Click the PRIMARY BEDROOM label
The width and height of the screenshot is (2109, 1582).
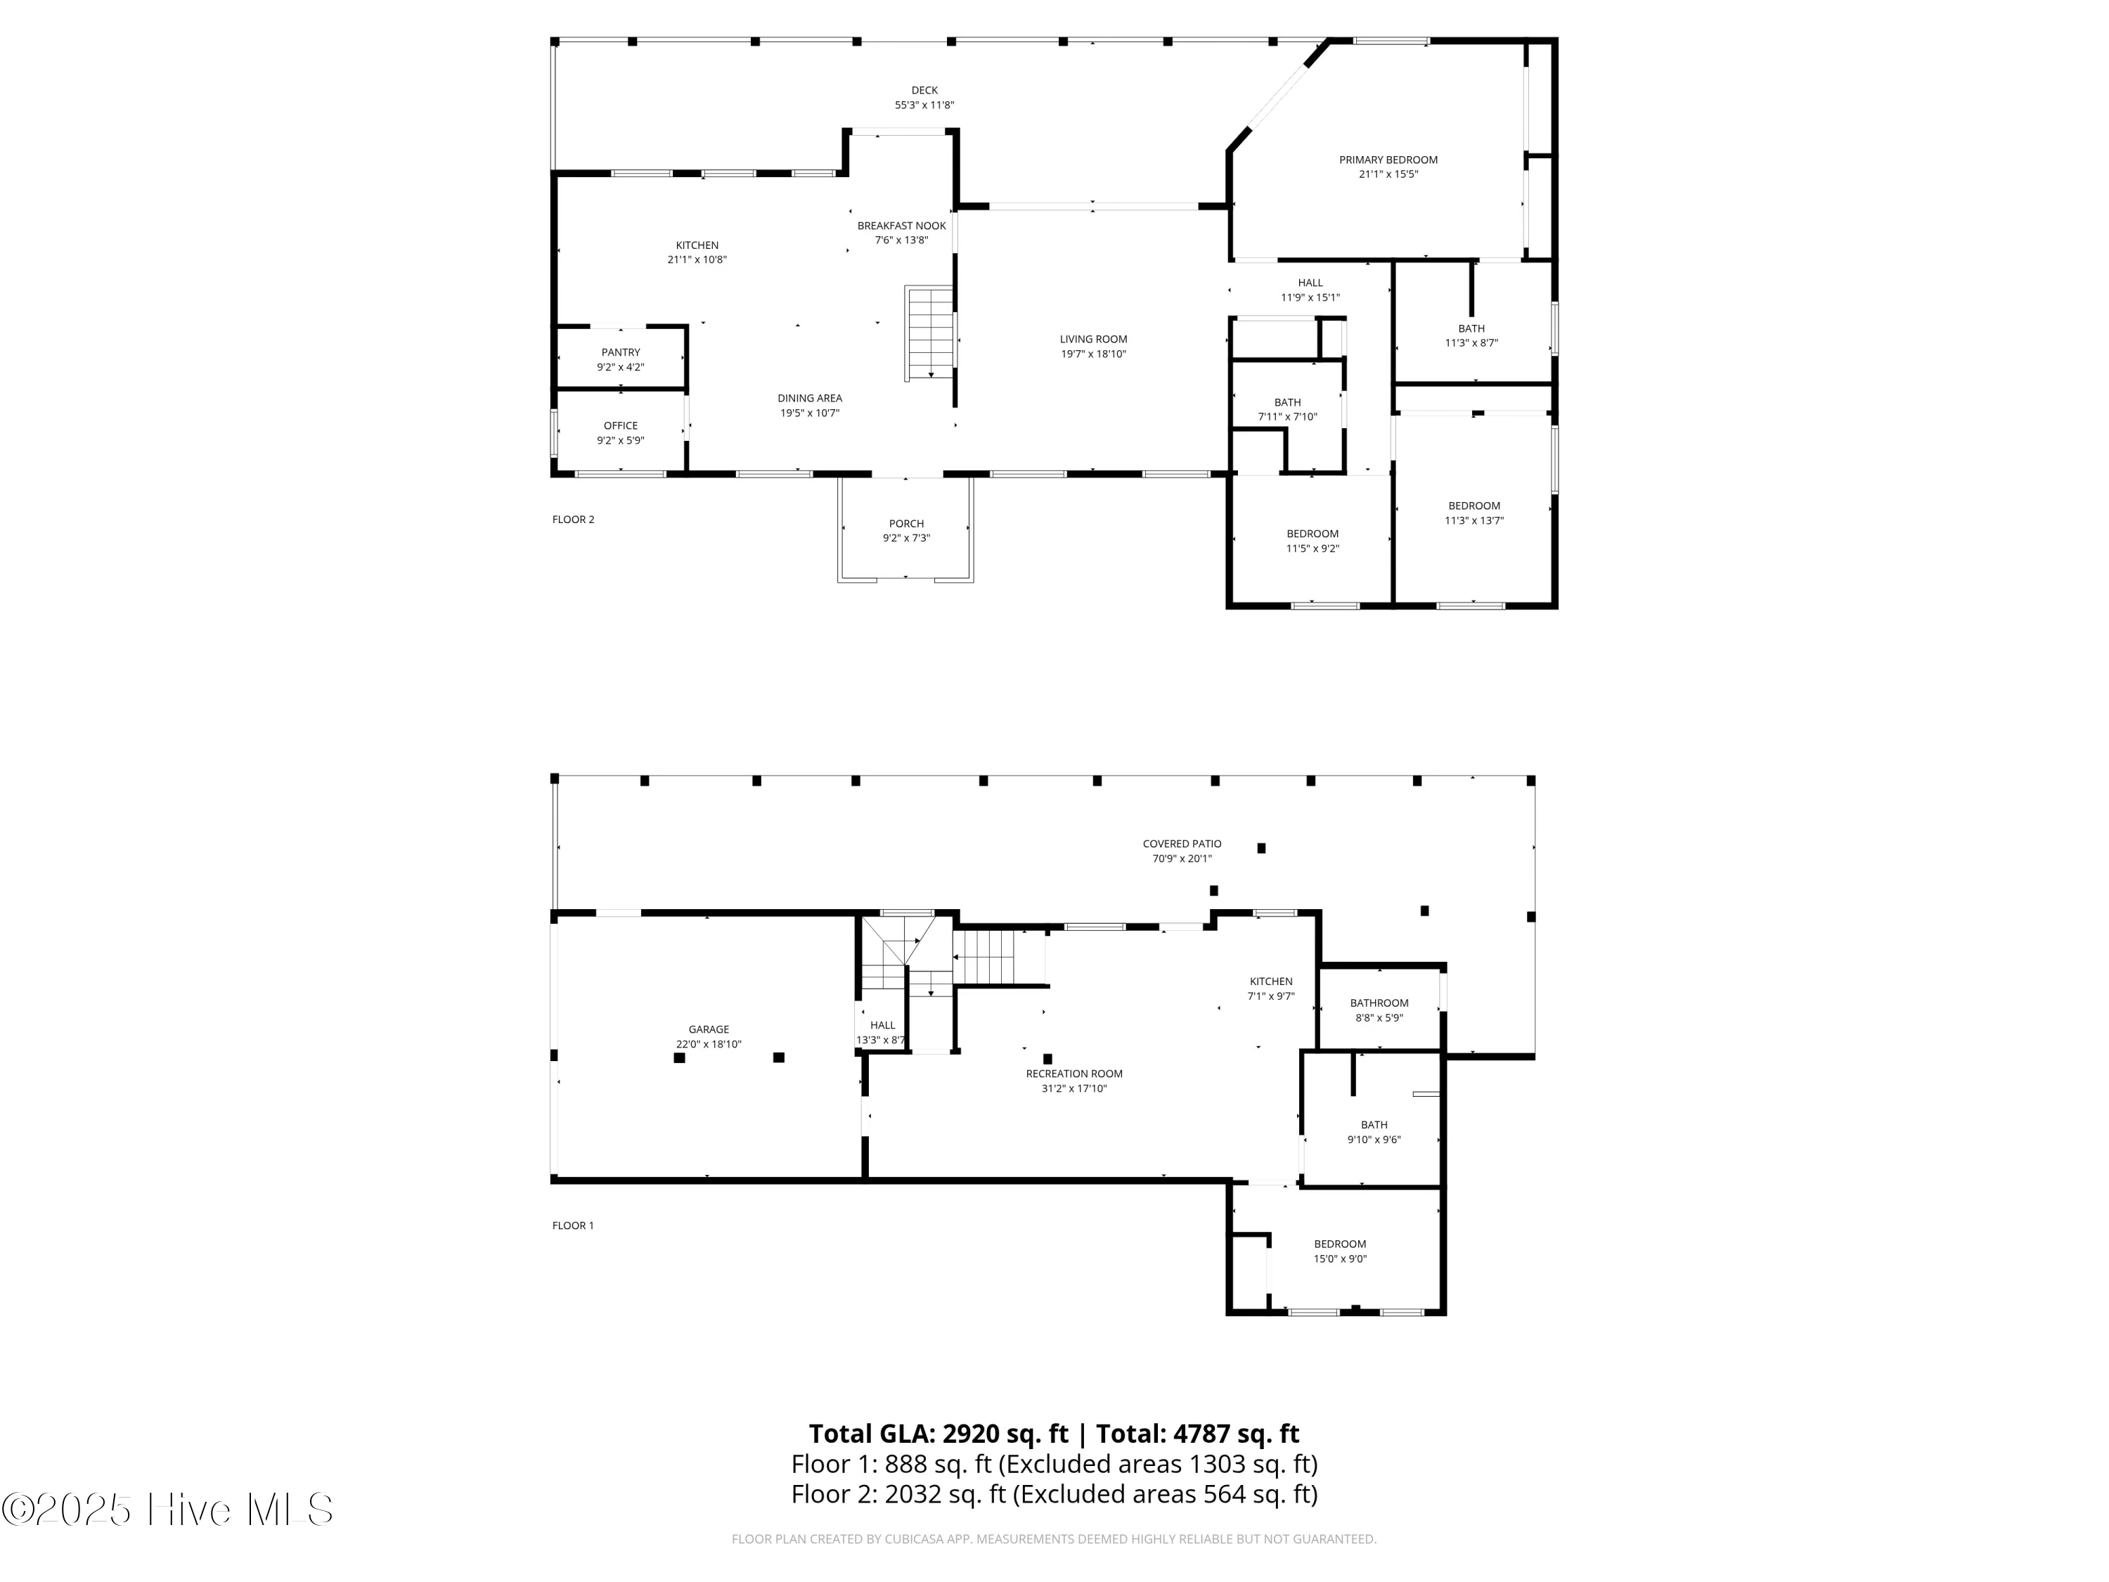(1388, 160)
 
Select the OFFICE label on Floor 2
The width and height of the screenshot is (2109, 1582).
(621, 426)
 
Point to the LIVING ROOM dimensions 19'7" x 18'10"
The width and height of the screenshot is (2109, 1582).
(1094, 354)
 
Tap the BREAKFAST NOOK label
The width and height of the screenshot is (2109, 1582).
(902, 226)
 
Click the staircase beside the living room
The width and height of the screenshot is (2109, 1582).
(929, 334)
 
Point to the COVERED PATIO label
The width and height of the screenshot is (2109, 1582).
(1182, 844)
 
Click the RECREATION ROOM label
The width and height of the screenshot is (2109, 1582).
(1074, 1074)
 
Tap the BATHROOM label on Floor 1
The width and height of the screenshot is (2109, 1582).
(1379, 1003)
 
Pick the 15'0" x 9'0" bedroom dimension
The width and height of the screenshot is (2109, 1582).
(1341, 1259)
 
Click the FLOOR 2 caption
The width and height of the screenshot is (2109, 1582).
(573, 520)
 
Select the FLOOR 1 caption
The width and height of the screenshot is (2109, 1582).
(573, 1226)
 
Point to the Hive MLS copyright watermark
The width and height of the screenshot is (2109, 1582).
(168, 1510)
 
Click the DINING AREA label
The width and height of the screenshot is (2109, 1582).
(809, 399)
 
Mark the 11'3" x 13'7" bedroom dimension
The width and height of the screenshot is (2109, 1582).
(1474, 521)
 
